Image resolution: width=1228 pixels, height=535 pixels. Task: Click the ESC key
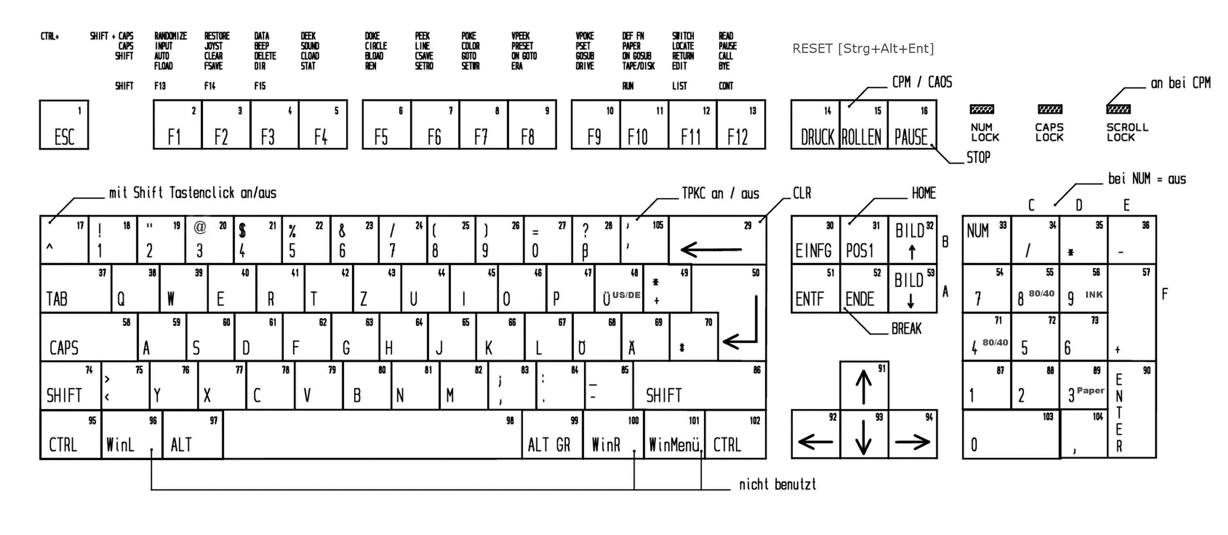tap(64, 125)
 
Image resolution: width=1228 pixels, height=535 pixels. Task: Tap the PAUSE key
tap(912, 125)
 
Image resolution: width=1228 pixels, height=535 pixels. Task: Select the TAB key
tap(76, 288)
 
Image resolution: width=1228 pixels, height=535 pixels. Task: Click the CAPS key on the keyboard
tap(89, 337)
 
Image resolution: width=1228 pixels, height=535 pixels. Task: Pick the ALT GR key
tap(552, 435)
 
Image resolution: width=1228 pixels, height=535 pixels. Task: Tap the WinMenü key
tap(674, 435)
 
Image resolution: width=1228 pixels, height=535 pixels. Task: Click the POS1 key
tap(864, 240)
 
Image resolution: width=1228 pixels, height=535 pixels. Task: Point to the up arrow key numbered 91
tap(864, 385)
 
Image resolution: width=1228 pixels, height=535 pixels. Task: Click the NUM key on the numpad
tap(986, 240)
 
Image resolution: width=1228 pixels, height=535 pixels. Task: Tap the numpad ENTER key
tap(1132, 410)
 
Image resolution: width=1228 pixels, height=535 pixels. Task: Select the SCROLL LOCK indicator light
tap(1118, 110)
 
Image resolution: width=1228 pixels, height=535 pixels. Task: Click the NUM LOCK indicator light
tap(981, 110)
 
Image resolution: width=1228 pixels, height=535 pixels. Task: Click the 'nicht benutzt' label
tap(777, 485)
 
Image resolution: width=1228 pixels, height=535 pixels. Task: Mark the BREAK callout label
tap(906, 329)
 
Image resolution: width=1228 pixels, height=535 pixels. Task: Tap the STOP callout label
tap(978, 158)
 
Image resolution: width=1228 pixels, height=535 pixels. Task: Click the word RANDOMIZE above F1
tap(170, 36)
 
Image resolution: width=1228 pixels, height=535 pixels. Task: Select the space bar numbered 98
tap(372, 435)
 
